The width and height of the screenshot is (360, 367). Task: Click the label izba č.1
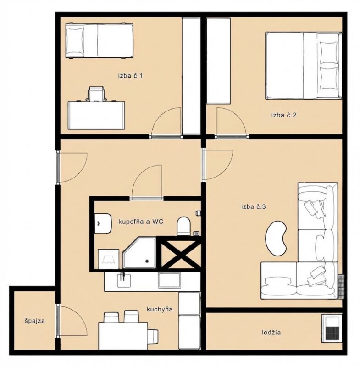click(x=130, y=76)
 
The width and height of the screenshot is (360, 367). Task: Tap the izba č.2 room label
click(x=284, y=115)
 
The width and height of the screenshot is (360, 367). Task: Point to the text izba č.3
click(x=254, y=207)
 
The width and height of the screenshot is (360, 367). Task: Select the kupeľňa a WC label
click(x=141, y=222)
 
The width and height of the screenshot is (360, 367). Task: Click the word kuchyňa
click(x=160, y=309)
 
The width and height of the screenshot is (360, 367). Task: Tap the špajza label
click(x=34, y=321)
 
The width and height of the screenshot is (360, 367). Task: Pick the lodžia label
click(x=271, y=332)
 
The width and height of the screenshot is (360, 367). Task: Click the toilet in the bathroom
click(x=183, y=226)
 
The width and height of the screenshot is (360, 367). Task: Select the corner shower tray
click(x=139, y=253)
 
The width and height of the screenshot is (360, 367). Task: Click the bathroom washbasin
click(x=102, y=223)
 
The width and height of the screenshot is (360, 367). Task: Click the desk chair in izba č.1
click(x=96, y=94)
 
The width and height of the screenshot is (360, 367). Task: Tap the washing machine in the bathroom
click(x=108, y=259)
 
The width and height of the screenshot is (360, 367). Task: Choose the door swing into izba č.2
click(x=232, y=122)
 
